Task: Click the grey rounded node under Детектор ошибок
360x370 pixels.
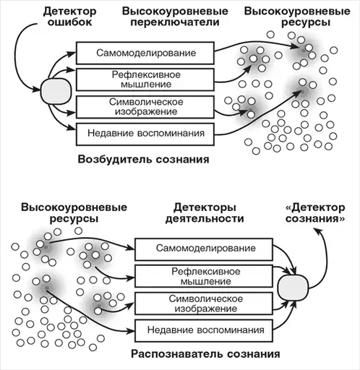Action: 56,91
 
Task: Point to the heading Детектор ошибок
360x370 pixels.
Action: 70,17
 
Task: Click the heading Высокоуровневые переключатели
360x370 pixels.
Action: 175,17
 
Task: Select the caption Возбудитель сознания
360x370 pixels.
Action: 143,160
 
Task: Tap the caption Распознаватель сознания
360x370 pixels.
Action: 205,354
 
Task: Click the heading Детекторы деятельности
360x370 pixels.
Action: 205,213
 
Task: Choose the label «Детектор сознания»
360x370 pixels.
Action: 315,213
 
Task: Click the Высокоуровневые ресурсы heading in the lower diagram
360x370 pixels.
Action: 74,213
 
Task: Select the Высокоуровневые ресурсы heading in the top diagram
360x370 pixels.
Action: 297,17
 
